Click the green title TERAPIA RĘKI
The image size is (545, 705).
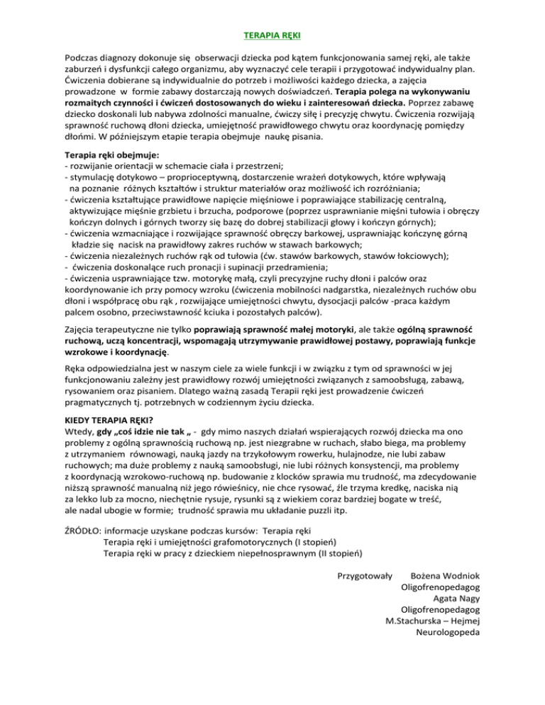272,34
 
